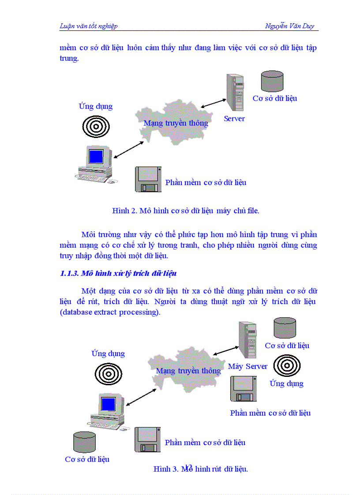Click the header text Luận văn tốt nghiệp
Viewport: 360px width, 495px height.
pyautogui.click(x=88, y=26)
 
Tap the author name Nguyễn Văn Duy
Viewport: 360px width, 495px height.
pyautogui.click(x=289, y=26)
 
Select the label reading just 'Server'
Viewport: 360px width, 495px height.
pyautogui.click(x=234, y=119)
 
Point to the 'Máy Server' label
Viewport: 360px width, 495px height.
pyautogui.click(x=247, y=366)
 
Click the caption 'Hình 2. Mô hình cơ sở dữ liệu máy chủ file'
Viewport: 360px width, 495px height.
pyautogui.click(x=186, y=211)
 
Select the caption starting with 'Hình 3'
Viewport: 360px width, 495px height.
pyautogui.click(x=201, y=469)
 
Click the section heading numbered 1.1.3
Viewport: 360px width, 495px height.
pyautogui.click(x=118, y=273)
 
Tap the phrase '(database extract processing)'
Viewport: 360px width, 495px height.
pyautogui.click(x=110, y=313)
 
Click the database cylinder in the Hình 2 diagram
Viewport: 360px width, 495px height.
pyautogui.click(x=272, y=81)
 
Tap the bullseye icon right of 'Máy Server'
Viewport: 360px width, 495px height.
pyautogui.click(x=287, y=365)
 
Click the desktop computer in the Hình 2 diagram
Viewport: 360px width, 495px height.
pyautogui.click(x=94, y=163)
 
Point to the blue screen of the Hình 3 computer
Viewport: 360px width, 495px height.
pyautogui.click(x=108, y=404)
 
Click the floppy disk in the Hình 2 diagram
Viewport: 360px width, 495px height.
pyautogui.click(x=148, y=179)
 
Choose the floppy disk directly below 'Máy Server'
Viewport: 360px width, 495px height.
pyautogui.click(x=243, y=388)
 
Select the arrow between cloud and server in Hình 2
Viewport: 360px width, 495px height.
pyautogui.click(x=213, y=103)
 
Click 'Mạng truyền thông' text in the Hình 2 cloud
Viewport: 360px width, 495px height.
pyautogui.click(x=176, y=123)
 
